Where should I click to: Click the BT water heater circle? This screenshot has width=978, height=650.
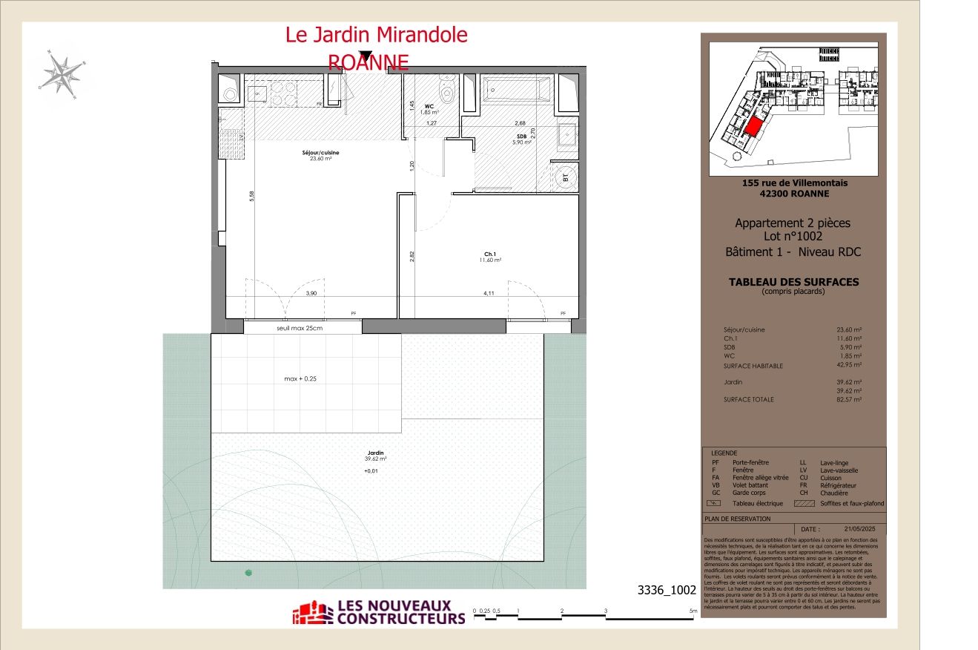click(565, 177)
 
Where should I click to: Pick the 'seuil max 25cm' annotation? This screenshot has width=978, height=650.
click(300, 327)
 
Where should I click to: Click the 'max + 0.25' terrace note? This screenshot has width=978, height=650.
click(305, 378)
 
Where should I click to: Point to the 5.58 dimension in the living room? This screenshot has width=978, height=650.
click(251, 196)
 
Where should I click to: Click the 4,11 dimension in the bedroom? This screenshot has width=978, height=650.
click(489, 293)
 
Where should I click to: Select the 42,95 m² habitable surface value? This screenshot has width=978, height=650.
click(849, 365)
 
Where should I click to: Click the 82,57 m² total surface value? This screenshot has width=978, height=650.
click(849, 399)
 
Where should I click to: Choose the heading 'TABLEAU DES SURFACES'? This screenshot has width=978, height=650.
click(793, 282)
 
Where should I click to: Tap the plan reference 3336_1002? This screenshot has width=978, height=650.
click(667, 591)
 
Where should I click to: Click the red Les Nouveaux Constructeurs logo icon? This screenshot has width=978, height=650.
click(311, 613)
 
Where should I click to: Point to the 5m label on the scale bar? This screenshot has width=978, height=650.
click(693, 611)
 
